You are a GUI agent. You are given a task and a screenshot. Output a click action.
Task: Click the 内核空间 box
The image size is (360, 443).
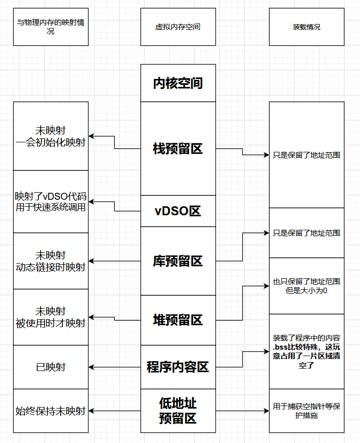click(178, 83)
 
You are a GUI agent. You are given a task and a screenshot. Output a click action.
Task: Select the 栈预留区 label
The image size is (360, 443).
click(178, 148)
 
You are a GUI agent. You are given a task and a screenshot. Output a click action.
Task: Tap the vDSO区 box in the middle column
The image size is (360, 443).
click(178, 211)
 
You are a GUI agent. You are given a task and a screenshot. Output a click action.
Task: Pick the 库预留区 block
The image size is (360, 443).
click(178, 261)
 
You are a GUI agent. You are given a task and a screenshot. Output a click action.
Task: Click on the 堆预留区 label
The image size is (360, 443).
click(178, 320)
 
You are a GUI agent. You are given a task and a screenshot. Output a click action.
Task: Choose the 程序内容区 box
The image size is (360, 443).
click(178, 367)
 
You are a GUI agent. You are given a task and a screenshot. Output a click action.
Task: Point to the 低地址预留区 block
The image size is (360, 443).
click(178, 411)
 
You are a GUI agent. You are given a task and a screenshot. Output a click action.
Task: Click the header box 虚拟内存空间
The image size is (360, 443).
click(178, 27)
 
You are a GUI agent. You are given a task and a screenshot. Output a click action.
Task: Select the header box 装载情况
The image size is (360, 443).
click(306, 27)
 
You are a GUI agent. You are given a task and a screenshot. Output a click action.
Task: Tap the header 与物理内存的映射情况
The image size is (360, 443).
click(50, 27)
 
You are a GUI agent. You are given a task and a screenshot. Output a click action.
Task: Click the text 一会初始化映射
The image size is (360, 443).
click(50, 143)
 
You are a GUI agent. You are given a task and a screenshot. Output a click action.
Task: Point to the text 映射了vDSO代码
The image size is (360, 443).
click(50, 196)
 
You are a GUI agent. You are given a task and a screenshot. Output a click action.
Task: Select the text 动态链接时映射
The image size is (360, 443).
click(50, 267)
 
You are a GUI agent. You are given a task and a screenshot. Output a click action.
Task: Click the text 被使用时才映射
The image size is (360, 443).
click(50, 323)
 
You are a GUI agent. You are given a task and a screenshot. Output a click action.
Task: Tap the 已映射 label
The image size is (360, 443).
click(50, 367)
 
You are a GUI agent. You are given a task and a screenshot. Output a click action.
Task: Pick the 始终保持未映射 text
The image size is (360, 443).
click(50, 411)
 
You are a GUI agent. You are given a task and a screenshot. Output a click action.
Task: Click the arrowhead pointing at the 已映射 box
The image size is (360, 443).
click(92, 367)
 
